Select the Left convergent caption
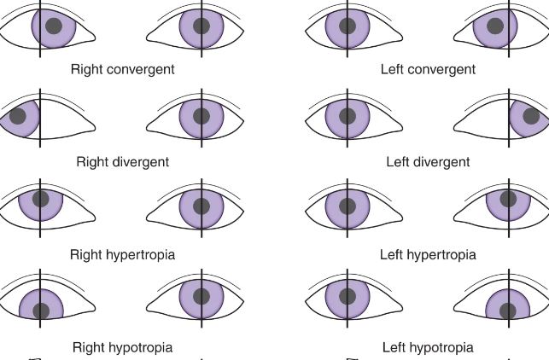click(x=428, y=69)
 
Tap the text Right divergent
click(x=123, y=161)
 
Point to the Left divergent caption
click(x=428, y=161)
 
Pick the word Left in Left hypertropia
click(x=392, y=254)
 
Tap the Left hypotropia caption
click(x=428, y=347)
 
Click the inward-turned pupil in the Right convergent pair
click(x=54, y=25)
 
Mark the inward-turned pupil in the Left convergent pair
click(x=494, y=26)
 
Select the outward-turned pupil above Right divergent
click(x=18, y=115)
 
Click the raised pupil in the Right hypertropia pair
click(x=40, y=199)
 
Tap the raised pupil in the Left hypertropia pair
click(x=508, y=199)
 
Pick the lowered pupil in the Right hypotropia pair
click(x=40, y=311)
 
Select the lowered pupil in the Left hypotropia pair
click(x=508, y=311)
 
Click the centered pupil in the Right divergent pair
click(x=201, y=116)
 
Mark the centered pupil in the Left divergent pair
click(x=348, y=116)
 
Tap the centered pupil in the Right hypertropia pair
click(x=201, y=206)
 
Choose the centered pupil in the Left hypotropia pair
click(x=348, y=298)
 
